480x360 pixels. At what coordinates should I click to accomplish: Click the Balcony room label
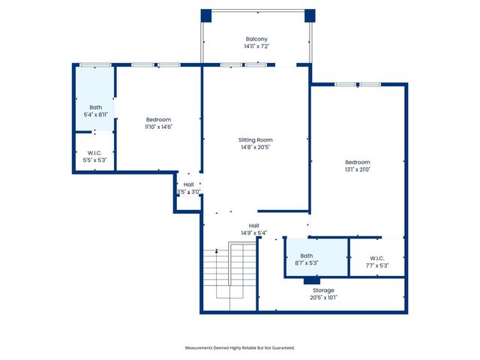(x=256, y=39)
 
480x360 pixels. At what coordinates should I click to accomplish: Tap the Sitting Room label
(x=255, y=140)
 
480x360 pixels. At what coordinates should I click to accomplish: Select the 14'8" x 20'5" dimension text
(x=255, y=148)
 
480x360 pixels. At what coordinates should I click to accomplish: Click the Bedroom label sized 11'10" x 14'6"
(x=158, y=120)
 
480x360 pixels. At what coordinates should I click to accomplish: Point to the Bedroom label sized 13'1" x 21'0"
(x=357, y=162)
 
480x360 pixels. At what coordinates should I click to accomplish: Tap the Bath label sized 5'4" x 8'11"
(x=96, y=107)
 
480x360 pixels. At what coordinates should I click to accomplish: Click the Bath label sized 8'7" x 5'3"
(x=307, y=256)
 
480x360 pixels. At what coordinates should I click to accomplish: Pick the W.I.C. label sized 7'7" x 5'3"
(x=378, y=259)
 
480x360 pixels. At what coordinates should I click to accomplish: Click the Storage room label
(x=324, y=290)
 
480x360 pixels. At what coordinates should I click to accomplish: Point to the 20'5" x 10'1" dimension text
(x=324, y=298)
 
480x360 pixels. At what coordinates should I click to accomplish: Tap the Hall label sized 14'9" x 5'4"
(x=254, y=226)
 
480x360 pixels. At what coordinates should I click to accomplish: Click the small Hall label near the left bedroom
(x=188, y=184)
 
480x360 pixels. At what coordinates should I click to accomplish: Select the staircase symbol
(x=229, y=274)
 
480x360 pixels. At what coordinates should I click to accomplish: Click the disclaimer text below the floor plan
(x=240, y=348)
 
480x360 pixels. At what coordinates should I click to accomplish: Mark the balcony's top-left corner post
(x=206, y=15)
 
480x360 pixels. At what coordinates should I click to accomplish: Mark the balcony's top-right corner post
(x=310, y=15)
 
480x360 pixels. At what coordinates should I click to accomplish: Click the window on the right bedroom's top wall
(x=358, y=84)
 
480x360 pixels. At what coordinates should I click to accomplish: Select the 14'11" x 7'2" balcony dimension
(x=256, y=46)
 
